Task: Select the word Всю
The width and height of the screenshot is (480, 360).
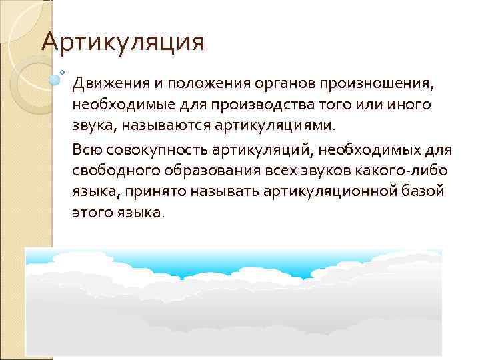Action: click(x=87, y=150)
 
